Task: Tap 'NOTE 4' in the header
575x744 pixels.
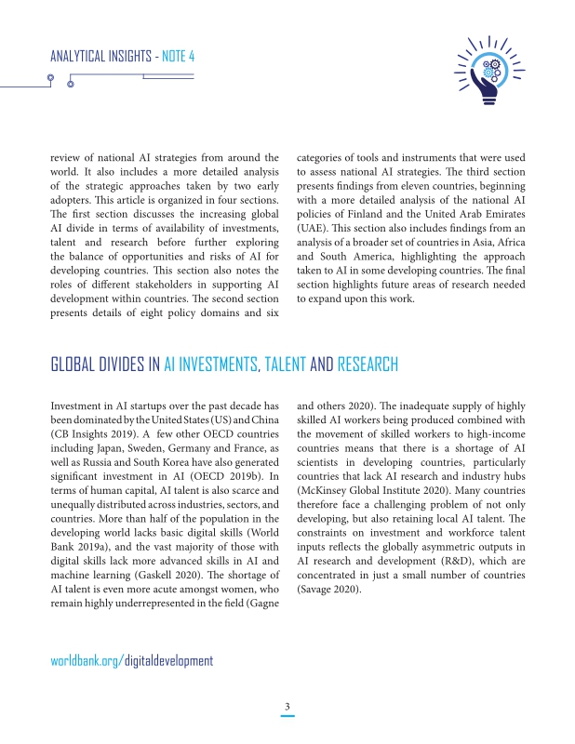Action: coord(178,56)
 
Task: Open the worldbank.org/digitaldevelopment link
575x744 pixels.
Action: coord(130,660)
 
